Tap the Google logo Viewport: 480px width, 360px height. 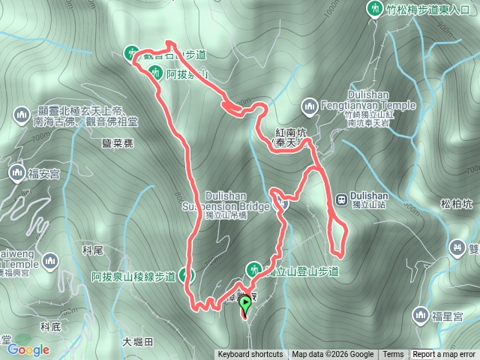coord(28,349)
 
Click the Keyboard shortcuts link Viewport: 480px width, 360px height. coord(250,355)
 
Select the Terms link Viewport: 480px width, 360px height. coord(393,355)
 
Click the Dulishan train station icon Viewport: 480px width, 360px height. coord(340,199)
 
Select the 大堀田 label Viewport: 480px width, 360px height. coord(137,341)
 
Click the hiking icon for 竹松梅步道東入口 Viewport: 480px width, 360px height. coord(374,8)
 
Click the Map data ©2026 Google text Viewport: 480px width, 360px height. coord(333,355)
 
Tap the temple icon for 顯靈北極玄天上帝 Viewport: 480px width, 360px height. coord(20,113)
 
